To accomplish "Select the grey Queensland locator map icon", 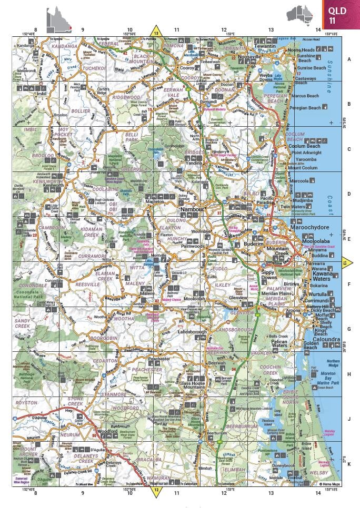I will click(58, 17).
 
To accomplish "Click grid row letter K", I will click(349, 464).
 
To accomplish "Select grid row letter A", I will click(349, 59).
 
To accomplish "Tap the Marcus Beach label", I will click(306, 96).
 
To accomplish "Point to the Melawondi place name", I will click(26, 70).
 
